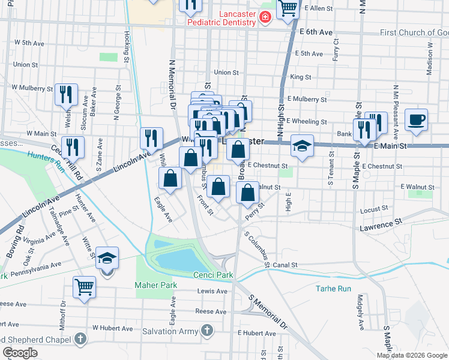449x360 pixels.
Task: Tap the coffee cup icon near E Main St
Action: coord(417,119)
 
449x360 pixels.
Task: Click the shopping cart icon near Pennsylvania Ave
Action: coord(84,287)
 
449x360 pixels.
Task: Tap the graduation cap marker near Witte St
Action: coord(107,258)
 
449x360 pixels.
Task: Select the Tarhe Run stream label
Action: coord(333,289)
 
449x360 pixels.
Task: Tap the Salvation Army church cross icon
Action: coord(207,331)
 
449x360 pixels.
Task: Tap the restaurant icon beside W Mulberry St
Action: coord(66,94)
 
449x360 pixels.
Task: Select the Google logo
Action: coord(20,353)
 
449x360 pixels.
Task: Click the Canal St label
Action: coord(285,265)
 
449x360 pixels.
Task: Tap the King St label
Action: coord(300,77)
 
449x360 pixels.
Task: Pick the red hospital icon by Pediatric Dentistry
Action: coord(265,17)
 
